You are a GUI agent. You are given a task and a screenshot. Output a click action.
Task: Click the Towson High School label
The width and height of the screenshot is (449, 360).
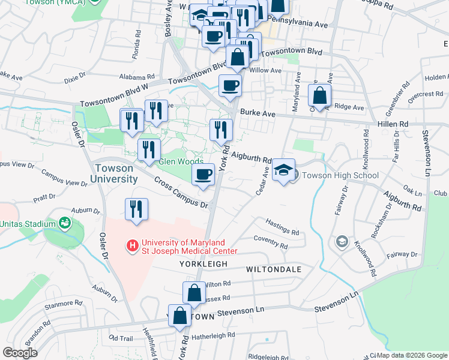point(340,176)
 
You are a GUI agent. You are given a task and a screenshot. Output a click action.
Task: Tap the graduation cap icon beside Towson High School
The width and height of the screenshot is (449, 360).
point(284,170)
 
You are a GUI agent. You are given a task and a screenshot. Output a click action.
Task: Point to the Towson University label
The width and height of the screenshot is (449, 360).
point(115,174)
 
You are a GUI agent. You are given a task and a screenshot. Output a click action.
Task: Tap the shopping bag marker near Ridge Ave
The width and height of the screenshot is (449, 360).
point(320,96)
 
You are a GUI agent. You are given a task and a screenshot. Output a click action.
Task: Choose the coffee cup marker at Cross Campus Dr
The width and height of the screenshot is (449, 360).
point(203,175)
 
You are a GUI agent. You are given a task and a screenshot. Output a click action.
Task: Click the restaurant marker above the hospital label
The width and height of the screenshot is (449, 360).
point(136,209)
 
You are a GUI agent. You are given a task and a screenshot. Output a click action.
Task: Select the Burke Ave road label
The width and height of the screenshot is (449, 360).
point(258,112)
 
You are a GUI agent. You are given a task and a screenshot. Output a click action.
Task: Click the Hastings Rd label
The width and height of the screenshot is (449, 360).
point(282,231)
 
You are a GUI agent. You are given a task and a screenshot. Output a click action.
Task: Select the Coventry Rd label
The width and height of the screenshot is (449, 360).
point(271,245)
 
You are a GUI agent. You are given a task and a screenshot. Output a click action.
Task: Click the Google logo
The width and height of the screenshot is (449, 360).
point(20,353)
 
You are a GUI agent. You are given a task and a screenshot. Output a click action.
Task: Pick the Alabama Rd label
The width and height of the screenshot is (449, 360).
point(137,77)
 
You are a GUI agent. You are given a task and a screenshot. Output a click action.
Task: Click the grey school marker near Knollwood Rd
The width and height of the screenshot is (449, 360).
point(342,241)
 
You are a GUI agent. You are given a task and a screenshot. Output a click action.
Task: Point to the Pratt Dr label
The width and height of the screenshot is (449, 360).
point(44,196)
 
